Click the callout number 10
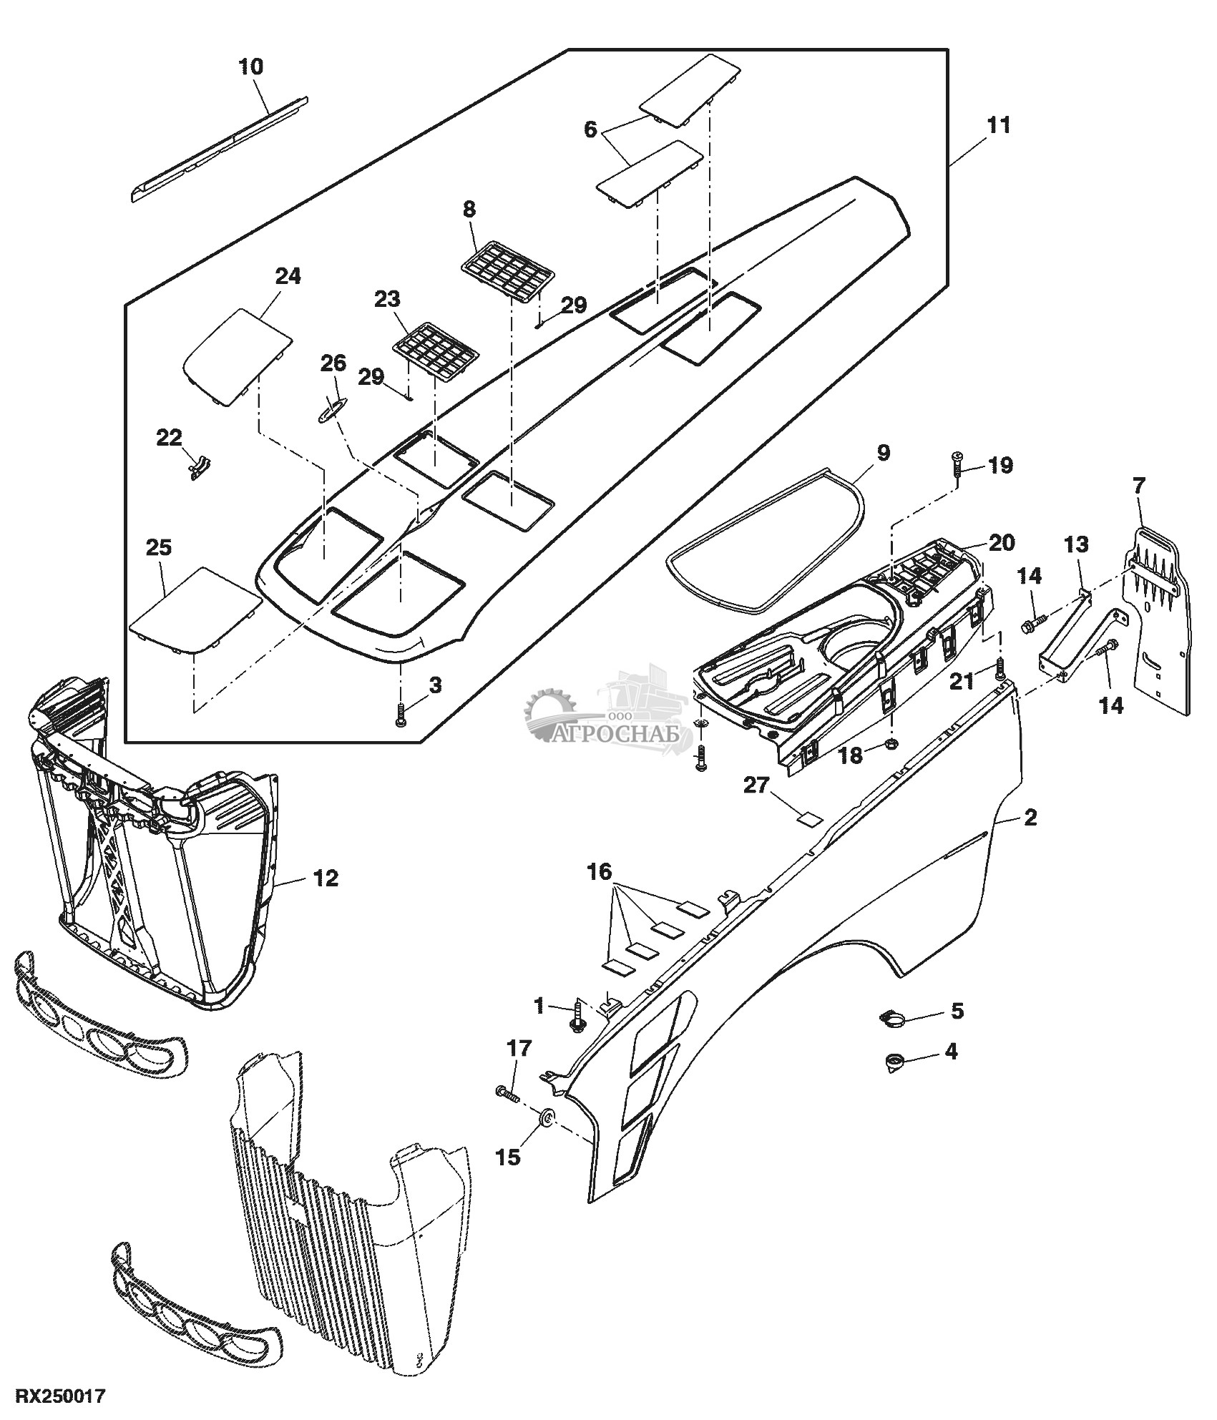click(x=250, y=67)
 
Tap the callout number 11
click(x=998, y=125)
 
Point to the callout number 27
click(x=756, y=786)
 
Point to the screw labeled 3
click(x=401, y=715)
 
